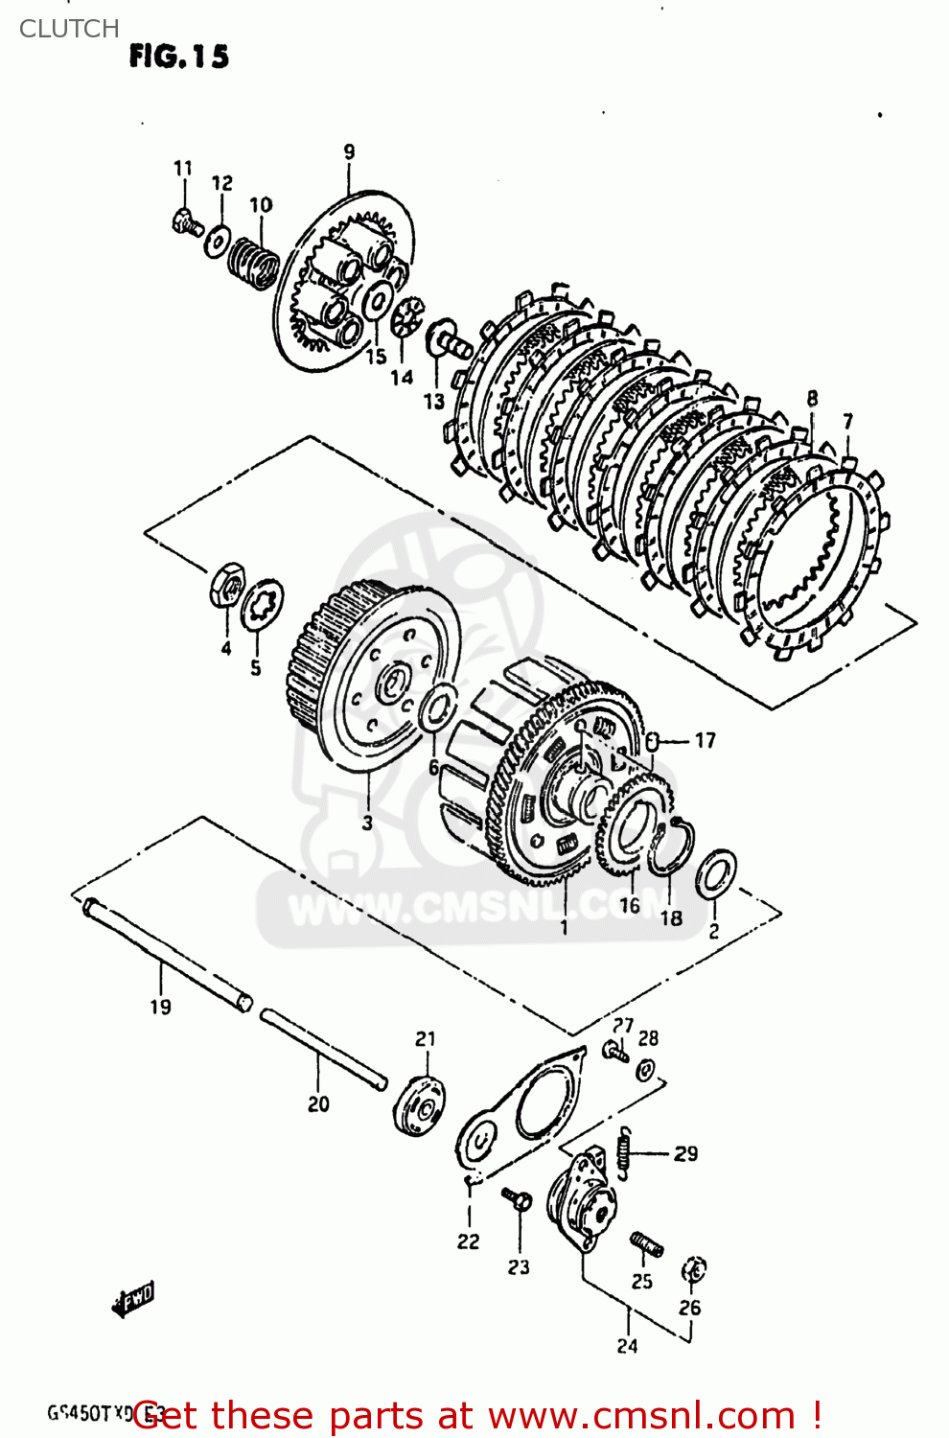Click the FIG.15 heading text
179,58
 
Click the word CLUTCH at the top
69,29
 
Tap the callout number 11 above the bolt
183,169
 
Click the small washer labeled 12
218,242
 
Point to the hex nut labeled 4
227,584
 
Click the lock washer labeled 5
261,605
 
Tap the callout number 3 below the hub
367,823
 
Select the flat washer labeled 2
715,874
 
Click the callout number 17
705,741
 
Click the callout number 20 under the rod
318,1104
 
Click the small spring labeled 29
624,1151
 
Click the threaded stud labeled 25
647,1244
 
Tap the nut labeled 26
693,1270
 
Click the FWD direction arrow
133,1300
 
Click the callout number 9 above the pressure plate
349,151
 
